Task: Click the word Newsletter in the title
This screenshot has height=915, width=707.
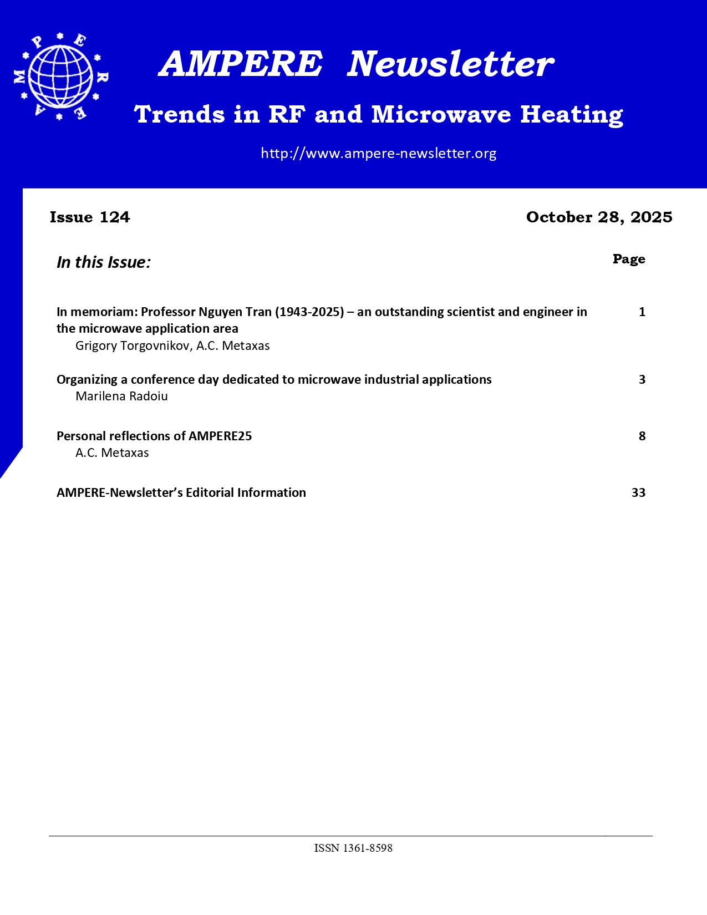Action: point(450,64)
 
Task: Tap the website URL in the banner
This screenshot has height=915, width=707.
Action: point(378,154)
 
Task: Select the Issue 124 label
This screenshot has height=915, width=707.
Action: point(90,217)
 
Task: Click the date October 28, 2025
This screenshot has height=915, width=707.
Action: point(599,217)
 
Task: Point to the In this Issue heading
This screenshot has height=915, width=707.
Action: point(104,262)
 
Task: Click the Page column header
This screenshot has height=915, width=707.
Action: point(629,259)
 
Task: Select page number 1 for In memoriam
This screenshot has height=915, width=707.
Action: point(642,312)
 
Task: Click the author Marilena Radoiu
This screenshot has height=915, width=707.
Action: point(121,396)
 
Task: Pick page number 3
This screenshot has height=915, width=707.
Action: point(642,379)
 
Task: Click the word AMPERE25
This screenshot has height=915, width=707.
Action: point(220,436)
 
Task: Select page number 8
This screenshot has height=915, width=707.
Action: point(642,436)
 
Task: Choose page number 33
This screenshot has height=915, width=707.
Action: point(638,492)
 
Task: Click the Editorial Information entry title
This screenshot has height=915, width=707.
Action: point(181,492)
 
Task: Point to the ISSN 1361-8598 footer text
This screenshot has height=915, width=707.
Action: point(353,848)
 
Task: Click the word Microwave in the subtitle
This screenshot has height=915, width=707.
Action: point(441,115)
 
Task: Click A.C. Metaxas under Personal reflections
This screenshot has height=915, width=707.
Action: point(112,453)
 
